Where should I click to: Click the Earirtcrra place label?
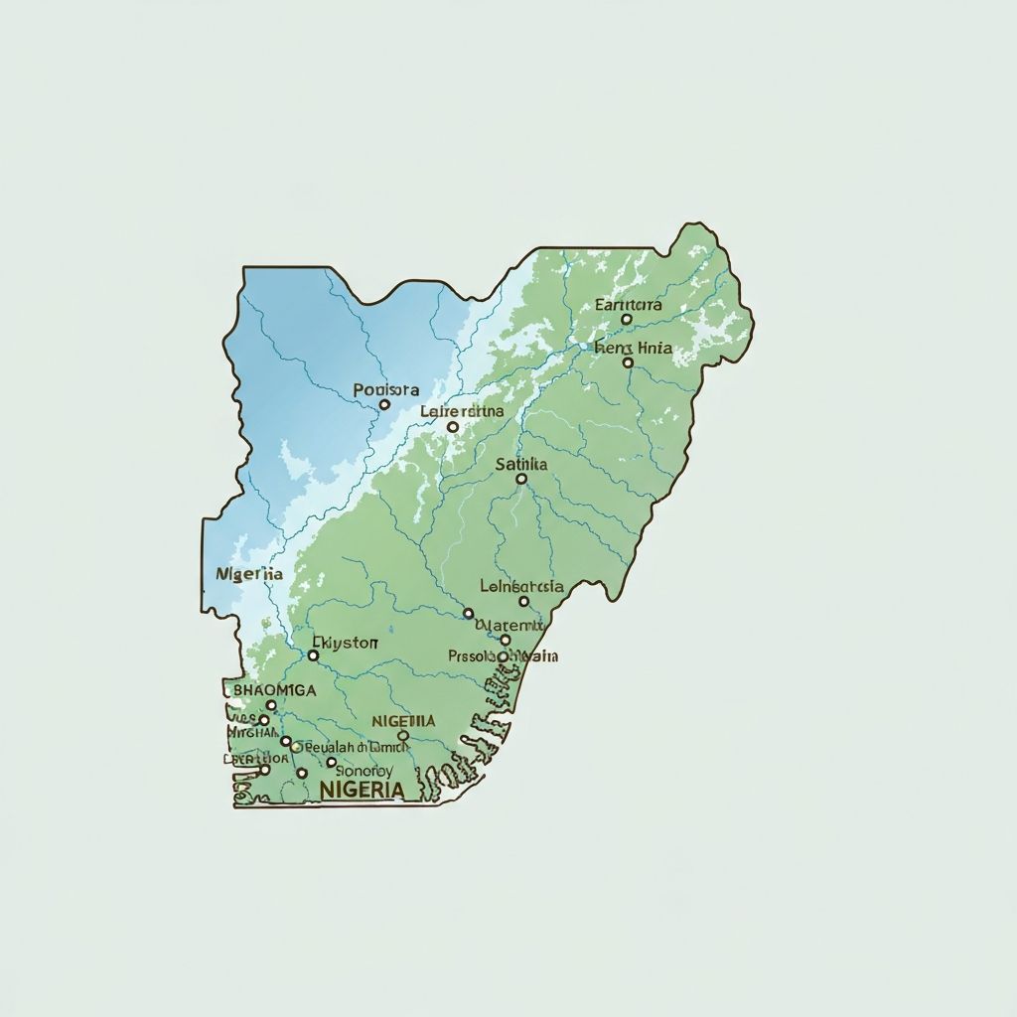tap(629, 305)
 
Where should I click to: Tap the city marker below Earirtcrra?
tap(627, 320)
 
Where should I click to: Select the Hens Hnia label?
tap(633, 348)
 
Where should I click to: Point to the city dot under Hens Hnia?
tap(628, 363)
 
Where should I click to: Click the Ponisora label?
tap(386, 390)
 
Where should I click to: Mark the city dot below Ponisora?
tap(384, 404)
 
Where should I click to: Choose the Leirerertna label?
tap(462, 410)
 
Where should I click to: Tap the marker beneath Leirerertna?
tap(453, 427)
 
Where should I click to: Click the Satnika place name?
tap(521, 464)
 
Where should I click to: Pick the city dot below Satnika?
tap(521, 479)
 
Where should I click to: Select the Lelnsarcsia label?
tap(521, 586)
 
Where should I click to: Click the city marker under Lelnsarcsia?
tap(524, 601)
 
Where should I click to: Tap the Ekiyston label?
tap(345, 643)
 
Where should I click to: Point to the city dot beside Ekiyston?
tap(314, 655)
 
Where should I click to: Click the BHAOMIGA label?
tap(274, 689)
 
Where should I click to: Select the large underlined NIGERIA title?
tap(363, 790)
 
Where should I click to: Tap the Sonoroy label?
tap(364, 770)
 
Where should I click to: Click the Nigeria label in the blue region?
tap(249, 574)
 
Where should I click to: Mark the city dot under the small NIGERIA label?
tap(403, 736)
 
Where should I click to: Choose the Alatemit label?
tap(510, 626)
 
